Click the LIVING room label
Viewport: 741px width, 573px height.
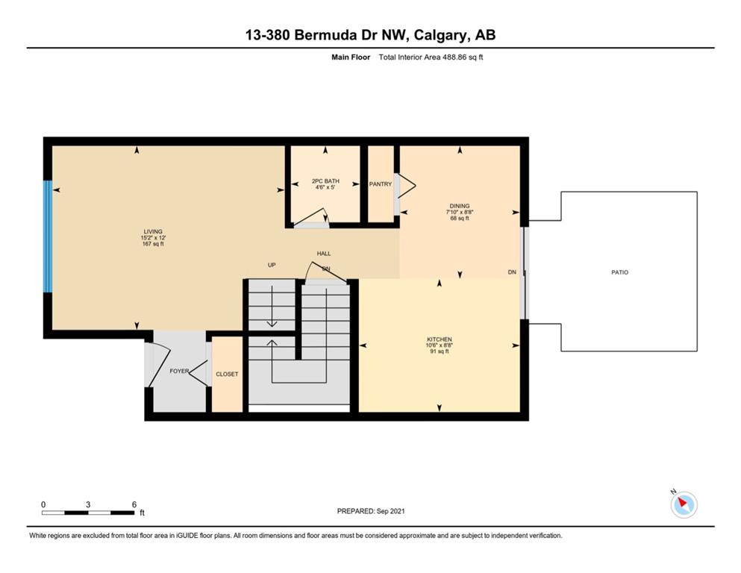[153, 231]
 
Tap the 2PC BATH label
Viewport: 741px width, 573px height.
[325, 181]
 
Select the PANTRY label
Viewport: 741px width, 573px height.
[381, 184]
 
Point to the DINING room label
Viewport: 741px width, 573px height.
[460, 206]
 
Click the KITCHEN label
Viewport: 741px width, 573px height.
[440, 339]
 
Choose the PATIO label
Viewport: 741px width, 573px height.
[619, 272]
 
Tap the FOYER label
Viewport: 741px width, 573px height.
[179, 372]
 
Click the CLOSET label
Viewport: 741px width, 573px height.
[227, 374]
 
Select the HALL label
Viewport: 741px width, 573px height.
[324, 254]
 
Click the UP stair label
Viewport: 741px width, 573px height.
[272, 265]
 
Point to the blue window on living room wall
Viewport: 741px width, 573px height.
[47, 237]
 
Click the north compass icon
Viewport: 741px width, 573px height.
[684, 504]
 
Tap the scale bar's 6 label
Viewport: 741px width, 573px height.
[134, 504]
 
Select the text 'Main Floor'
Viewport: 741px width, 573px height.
[351, 57]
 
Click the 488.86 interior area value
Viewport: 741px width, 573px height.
[454, 57]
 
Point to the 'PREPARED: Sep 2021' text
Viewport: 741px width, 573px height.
[370, 511]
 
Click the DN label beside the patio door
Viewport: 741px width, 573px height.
[512, 272]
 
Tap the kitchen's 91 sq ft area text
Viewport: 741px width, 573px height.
[440, 351]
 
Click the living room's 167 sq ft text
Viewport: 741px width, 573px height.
[153, 244]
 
